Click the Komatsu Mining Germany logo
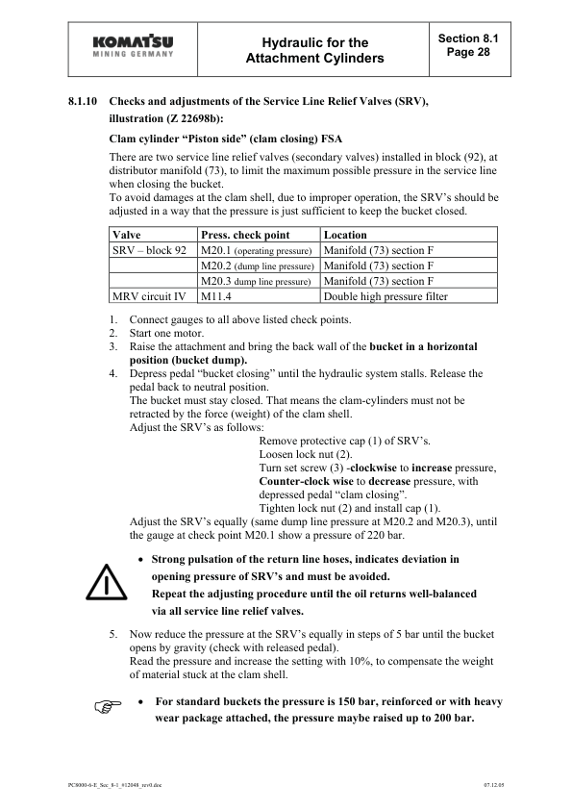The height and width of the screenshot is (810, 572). [x=134, y=47]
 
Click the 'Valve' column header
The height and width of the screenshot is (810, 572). [x=127, y=235]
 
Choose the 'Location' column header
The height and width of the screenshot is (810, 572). [x=346, y=235]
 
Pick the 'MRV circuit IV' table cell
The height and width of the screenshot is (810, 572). [x=149, y=296]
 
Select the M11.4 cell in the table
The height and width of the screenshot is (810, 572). [x=220, y=296]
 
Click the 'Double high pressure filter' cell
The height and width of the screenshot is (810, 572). [x=385, y=296]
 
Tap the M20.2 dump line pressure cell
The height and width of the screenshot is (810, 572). [x=258, y=266]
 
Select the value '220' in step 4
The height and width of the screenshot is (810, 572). [x=390, y=533]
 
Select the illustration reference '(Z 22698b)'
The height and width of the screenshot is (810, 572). [x=192, y=119]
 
